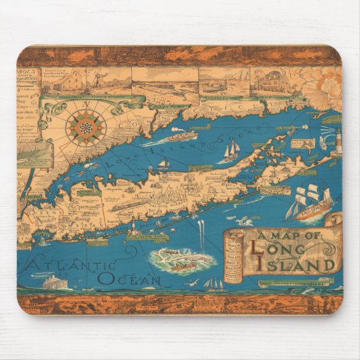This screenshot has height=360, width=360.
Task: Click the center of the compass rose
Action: [x=86, y=128]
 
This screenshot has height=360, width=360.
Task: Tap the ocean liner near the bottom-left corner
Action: [x=55, y=281]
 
